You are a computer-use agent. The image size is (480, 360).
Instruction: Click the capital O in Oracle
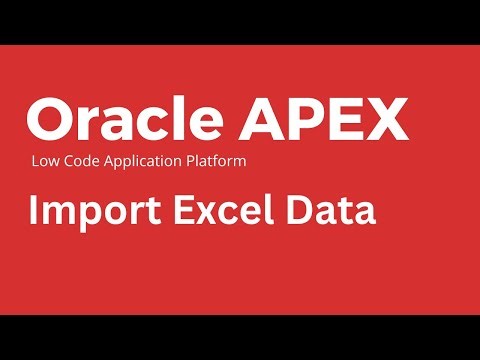click(50, 120)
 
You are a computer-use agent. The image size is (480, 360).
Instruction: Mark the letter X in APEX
click(387, 120)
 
